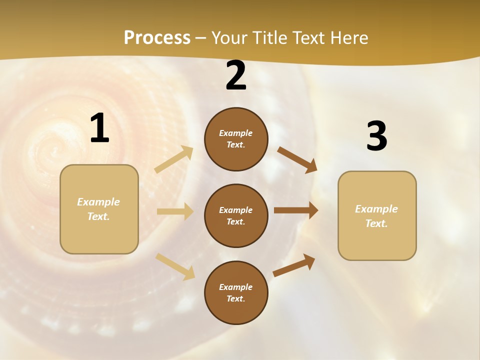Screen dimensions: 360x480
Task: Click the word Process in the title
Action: pyautogui.click(x=157, y=38)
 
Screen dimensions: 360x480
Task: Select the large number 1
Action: pyautogui.click(x=99, y=128)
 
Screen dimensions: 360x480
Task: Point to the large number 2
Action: pyautogui.click(x=236, y=76)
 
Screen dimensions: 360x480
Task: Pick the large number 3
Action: pyautogui.click(x=376, y=136)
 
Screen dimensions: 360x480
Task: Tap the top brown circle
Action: pyautogui.click(x=236, y=139)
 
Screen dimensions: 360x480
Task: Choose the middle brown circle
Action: pyautogui.click(x=236, y=215)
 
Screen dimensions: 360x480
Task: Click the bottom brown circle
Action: pyautogui.click(x=236, y=292)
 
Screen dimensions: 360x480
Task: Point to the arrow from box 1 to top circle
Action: pyautogui.click(x=173, y=159)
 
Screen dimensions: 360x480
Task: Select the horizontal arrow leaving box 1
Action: pyautogui.click(x=175, y=211)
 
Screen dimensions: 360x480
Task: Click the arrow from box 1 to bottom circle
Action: pyautogui.click(x=175, y=266)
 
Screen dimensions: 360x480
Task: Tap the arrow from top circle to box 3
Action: pyautogui.click(x=297, y=159)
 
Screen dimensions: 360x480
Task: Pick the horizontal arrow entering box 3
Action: pyautogui.click(x=296, y=210)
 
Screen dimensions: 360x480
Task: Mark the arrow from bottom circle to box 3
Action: pyautogui.click(x=294, y=265)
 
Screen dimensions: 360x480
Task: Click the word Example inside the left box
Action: pyautogui.click(x=98, y=202)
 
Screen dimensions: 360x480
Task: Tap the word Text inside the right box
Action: pyautogui.click(x=376, y=223)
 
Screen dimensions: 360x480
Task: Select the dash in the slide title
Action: pyautogui.click(x=201, y=38)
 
